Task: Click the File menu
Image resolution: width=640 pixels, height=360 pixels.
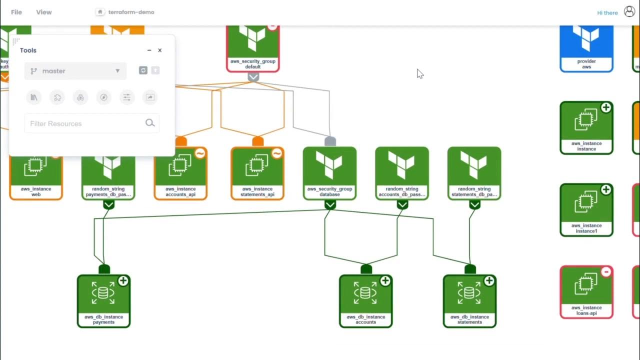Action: (x=16, y=12)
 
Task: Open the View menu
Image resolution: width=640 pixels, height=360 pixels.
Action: (x=44, y=12)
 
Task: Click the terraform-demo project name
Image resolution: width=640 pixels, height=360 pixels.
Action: (x=131, y=12)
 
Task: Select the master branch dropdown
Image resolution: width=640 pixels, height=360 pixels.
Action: (x=75, y=71)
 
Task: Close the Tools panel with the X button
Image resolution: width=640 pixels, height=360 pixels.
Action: (x=160, y=50)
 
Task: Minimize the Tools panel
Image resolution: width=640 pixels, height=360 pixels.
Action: (x=149, y=50)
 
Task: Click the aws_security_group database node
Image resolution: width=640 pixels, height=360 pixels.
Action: (x=330, y=173)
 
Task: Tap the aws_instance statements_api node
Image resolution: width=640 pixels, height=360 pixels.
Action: (x=257, y=173)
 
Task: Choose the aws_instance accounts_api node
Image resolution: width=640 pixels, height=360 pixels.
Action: (x=180, y=173)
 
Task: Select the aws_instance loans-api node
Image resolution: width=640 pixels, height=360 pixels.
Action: (x=586, y=292)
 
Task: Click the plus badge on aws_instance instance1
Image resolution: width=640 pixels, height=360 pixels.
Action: (x=606, y=189)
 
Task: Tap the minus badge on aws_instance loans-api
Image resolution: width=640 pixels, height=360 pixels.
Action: (x=606, y=272)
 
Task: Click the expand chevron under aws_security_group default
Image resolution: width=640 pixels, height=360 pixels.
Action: (x=253, y=77)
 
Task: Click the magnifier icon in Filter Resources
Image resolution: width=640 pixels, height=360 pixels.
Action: (x=150, y=123)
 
